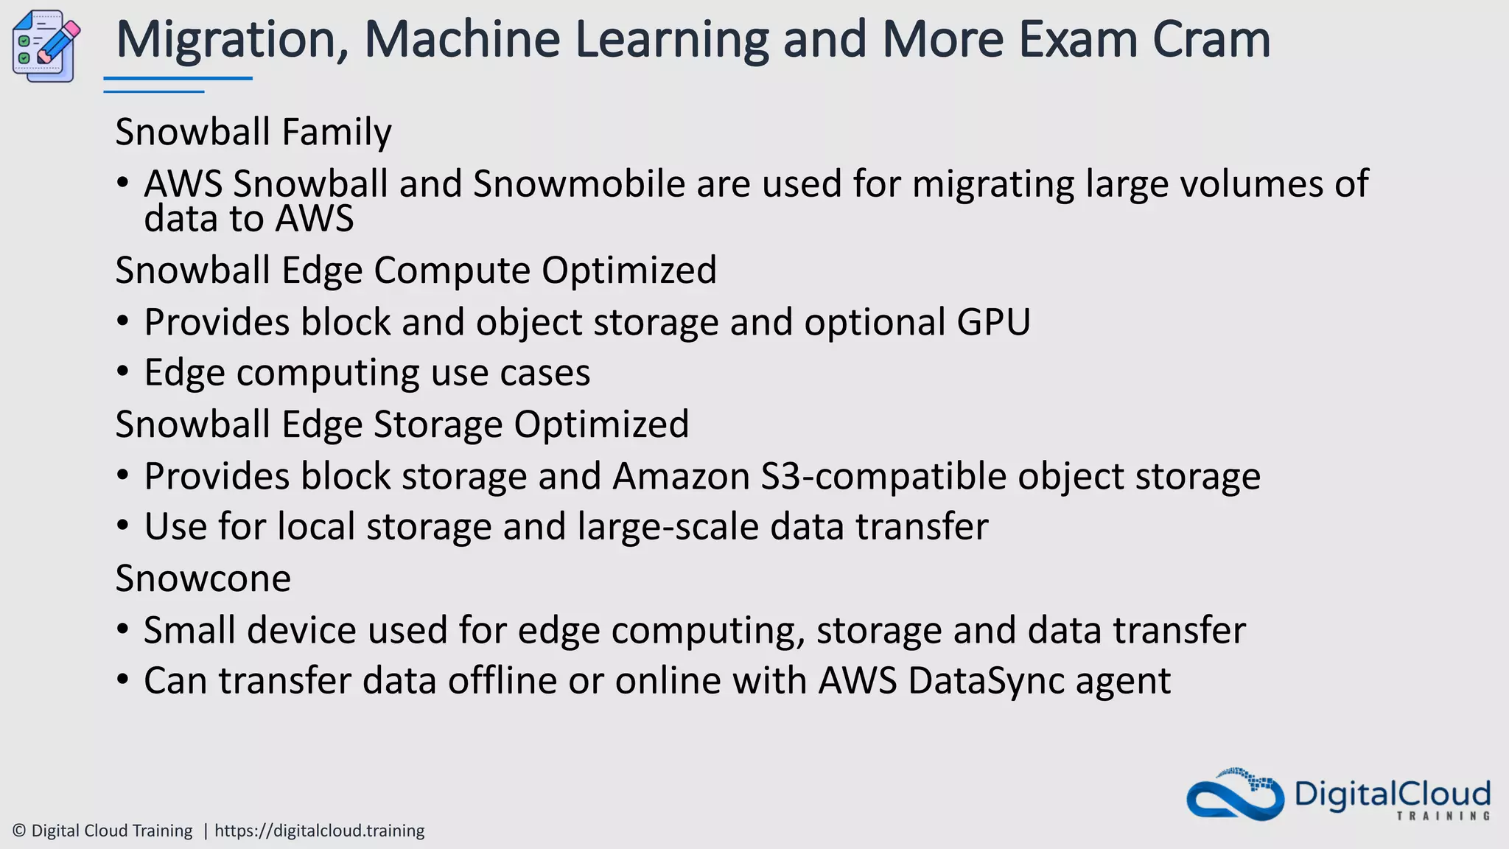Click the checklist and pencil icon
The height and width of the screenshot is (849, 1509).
coord(46,46)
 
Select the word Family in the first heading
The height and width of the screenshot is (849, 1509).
coord(336,133)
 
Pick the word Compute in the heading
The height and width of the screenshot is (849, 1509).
coord(452,270)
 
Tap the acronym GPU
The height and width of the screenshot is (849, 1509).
coord(993,323)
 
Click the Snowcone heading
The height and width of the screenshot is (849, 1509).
coord(203,579)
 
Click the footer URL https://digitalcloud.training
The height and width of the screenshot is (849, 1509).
coord(319,831)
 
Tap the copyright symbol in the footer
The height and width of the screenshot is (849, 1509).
coord(20,831)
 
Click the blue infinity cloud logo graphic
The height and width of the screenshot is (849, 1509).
coord(1235,795)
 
